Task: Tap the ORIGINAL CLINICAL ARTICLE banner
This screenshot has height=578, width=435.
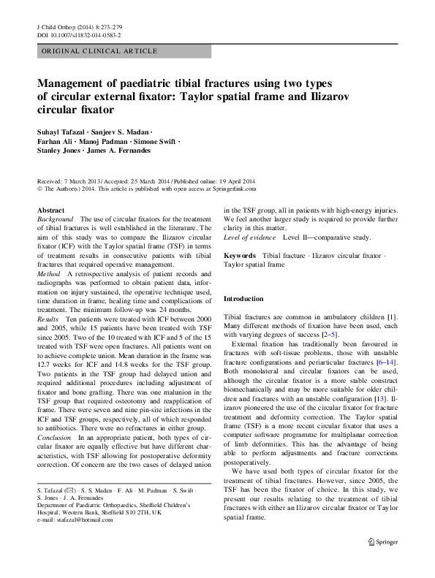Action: pyautogui.click(x=99, y=51)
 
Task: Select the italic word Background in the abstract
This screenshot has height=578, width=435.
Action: pyautogui.click(x=56, y=219)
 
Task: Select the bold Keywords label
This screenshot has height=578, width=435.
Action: pyautogui.click(x=239, y=256)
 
